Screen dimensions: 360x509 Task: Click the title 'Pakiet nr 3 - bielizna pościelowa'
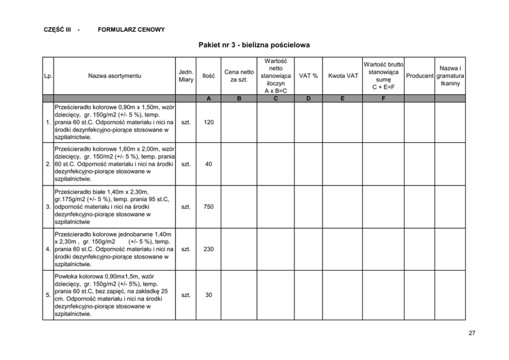254,46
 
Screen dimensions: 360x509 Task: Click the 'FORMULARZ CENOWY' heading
131,30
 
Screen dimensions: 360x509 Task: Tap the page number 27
472,333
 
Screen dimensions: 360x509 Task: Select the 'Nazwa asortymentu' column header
114,76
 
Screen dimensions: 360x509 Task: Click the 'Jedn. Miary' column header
186,76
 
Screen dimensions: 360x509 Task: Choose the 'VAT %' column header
308,76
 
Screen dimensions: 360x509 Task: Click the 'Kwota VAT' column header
343,76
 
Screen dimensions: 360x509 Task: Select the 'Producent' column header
420,76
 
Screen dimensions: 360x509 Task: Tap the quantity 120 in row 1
209,123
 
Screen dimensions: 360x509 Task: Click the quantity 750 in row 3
209,207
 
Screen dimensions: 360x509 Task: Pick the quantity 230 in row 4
209,249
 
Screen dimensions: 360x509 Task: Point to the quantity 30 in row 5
209,295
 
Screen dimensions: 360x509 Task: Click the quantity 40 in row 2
209,164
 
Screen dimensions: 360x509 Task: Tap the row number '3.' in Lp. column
48,207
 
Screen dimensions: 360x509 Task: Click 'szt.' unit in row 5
186,295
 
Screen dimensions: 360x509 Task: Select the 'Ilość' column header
209,76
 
